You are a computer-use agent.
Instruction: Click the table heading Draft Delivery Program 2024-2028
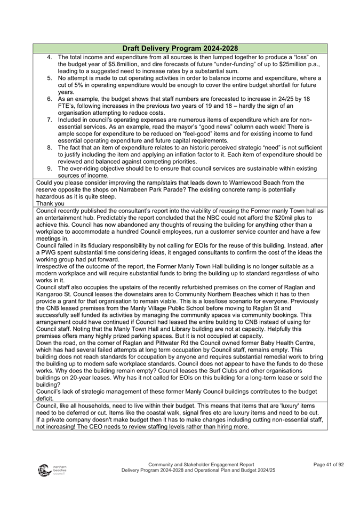[x=180, y=49]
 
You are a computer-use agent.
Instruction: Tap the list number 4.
[x=49, y=57]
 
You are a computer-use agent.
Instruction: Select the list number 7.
[x=49, y=120]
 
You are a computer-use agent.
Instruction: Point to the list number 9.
[x=49, y=169]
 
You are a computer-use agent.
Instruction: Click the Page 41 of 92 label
[x=329, y=464]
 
